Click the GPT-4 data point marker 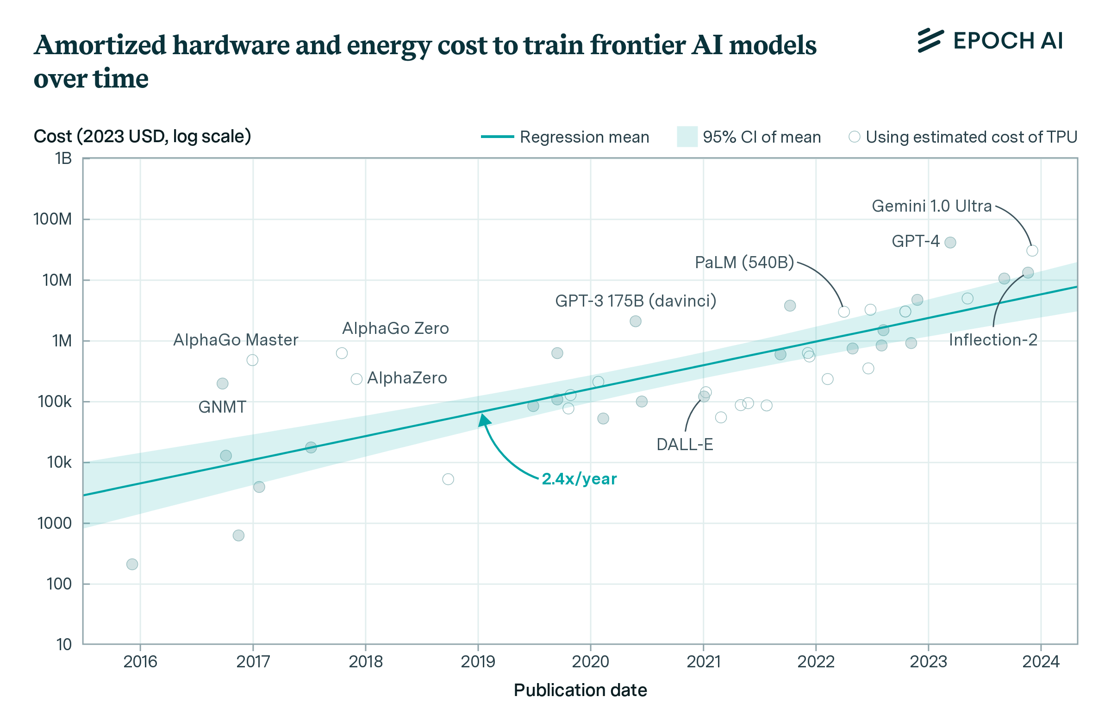[950, 242]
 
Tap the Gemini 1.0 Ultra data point [1032, 251]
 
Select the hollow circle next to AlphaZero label [356, 379]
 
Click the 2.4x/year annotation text [579, 479]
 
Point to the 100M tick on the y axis [53, 219]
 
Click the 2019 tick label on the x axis [478, 662]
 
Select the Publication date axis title [580, 690]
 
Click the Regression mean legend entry [565, 137]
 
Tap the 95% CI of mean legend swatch [687, 137]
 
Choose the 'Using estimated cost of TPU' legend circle [854, 137]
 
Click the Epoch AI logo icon [930, 41]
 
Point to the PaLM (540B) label [744, 263]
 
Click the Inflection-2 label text [993, 340]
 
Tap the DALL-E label [684, 445]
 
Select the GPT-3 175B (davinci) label [635, 301]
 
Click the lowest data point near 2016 [132, 564]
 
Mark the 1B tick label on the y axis [63, 159]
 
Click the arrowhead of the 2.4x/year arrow [484, 420]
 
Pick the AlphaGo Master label [236, 340]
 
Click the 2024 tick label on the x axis [1041, 662]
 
